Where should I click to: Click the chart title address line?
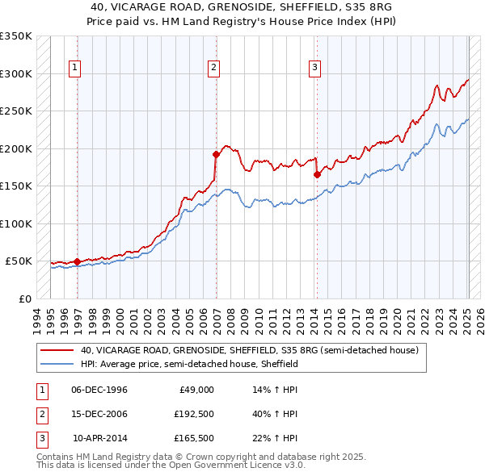click(x=242, y=6)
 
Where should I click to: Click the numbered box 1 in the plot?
click(x=74, y=69)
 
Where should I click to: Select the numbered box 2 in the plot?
click(x=213, y=69)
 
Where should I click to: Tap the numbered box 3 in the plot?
click(x=314, y=69)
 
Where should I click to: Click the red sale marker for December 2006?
click(x=217, y=154)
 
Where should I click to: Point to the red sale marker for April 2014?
click(x=317, y=174)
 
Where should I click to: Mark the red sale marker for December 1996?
click(x=78, y=261)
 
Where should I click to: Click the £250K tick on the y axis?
click(x=16, y=111)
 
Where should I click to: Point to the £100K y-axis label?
click(x=16, y=223)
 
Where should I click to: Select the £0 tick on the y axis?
click(x=24, y=299)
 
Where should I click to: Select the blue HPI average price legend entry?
click(x=189, y=364)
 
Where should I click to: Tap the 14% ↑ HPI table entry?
click(x=275, y=390)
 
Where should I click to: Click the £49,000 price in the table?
click(x=196, y=390)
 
